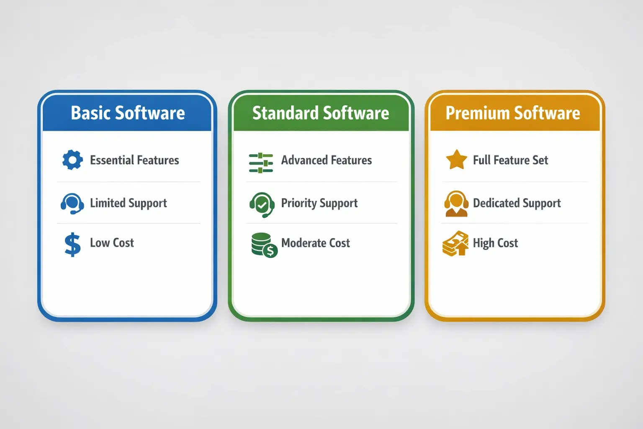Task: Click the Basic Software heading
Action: coord(128,113)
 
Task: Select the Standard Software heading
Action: coord(321,113)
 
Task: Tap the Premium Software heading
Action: coord(513,113)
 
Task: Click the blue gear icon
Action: coord(72,160)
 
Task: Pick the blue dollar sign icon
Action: coord(72,244)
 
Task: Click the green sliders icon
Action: coord(261,163)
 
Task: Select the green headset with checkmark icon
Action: coord(262,204)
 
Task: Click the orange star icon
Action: coord(456,160)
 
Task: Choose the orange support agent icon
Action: coord(456,204)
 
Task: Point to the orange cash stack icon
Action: coord(455,243)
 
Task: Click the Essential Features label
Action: coord(134,160)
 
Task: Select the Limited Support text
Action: coord(128,203)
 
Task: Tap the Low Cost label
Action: coord(112,243)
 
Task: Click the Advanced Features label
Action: coord(327,160)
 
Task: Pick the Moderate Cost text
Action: coord(316,243)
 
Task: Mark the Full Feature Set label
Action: coord(510,160)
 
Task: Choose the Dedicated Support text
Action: coord(517,203)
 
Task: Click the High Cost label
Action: coord(495,243)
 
